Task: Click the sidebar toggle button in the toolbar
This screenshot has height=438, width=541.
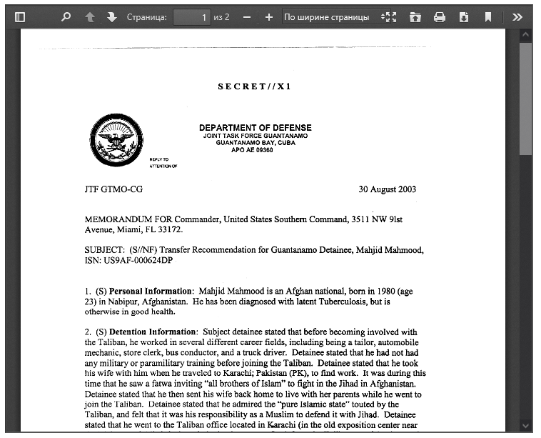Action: click(x=20, y=16)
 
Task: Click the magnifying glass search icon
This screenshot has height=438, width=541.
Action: click(x=66, y=16)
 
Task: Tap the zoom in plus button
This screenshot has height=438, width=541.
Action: click(x=268, y=16)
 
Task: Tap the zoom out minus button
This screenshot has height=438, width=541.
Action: click(x=246, y=16)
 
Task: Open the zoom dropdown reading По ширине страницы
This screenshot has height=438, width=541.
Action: click(x=332, y=16)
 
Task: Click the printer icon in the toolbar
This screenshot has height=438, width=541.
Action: click(x=440, y=16)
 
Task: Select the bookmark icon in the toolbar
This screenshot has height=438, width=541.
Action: click(x=488, y=16)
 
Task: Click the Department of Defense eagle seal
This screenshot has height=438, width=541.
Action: click(x=116, y=140)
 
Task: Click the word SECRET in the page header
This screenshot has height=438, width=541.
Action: click(x=241, y=86)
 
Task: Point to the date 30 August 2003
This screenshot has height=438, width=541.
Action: click(x=387, y=189)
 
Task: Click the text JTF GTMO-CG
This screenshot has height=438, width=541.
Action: click(x=114, y=189)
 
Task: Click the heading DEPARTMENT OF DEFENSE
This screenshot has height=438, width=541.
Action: click(x=255, y=128)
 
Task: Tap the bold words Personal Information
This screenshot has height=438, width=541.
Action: click(x=151, y=292)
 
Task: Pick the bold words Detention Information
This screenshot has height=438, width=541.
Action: click(x=153, y=332)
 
